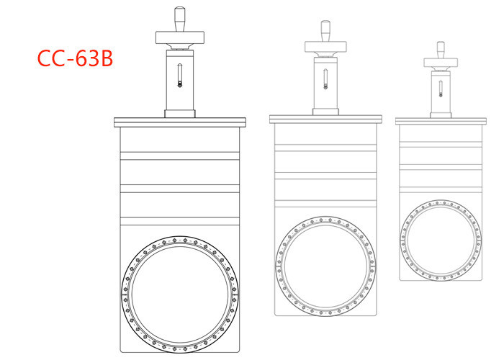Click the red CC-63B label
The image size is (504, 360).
point(75,58)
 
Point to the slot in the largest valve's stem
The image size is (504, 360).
point(180,74)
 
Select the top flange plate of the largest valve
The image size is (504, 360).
point(180,122)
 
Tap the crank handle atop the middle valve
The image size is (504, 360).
point(325,30)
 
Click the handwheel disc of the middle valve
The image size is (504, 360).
point(325,45)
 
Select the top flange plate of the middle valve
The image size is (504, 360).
point(325,118)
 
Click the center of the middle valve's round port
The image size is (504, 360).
point(325,264)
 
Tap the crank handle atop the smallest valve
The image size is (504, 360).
point(441,48)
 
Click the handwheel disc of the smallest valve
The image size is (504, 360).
point(441,61)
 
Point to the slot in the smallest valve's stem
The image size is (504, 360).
point(441,87)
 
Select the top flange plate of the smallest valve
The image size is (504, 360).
point(441,120)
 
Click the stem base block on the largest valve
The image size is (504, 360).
point(180,113)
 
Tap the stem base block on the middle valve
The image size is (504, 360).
point(325,110)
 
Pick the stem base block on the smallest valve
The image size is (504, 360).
point(441,114)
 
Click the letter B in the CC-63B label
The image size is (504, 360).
point(103,58)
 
